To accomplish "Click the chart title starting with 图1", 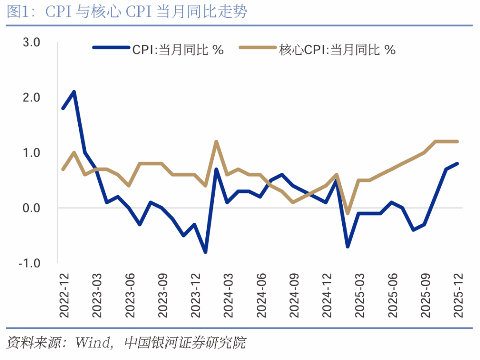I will point(127,12).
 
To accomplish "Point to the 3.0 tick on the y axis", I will point(32,42).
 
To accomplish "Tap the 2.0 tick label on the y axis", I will point(32,97).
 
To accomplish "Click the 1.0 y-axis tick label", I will point(32,153).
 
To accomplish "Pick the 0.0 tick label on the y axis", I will point(32,208).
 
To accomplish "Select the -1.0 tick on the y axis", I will point(29,263).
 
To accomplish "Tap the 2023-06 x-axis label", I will point(129,294).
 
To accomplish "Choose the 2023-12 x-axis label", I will point(195,294).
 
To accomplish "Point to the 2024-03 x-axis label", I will point(228,294).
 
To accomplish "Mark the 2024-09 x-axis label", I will point(293,294).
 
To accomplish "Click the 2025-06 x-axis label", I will point(392,294).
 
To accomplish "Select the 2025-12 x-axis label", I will point(457,294).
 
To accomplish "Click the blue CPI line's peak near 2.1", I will point(74,92).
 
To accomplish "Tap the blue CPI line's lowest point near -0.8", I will point(205,252).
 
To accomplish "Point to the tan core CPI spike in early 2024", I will point(216,142).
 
